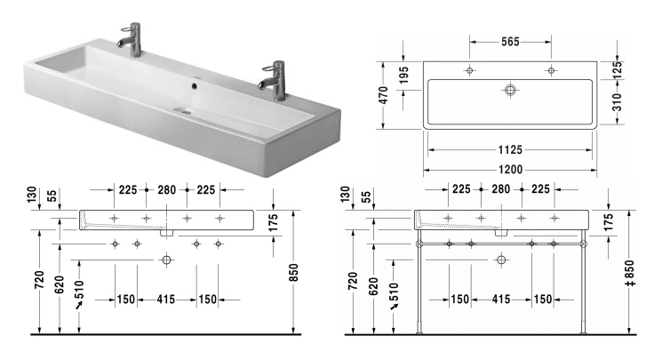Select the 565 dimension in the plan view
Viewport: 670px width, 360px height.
(x=509, y=42)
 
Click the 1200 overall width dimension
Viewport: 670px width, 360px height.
(x=509, y=168)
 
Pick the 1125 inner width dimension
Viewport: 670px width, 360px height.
(x=509, y=149)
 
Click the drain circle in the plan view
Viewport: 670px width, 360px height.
(x=510, y=90)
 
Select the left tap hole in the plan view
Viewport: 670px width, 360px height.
(x=468, y=70)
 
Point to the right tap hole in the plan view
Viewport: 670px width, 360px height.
(x=551, y=70)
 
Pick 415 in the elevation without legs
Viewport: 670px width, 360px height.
(x=166, y=300)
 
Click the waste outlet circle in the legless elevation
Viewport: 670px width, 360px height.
(x=166, y=260)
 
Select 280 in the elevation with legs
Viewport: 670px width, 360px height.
(x=501, y=189)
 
